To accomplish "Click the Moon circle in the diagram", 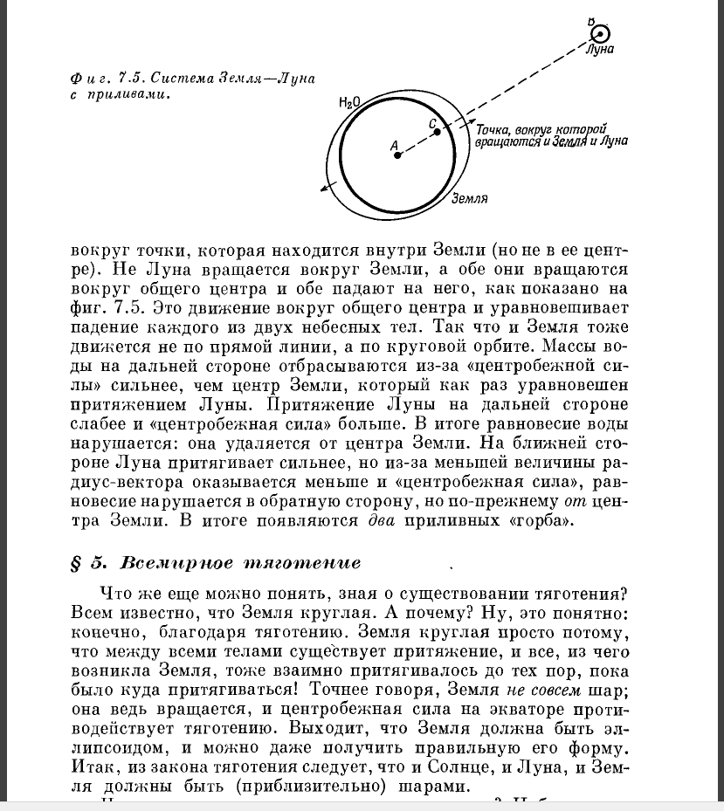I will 600,35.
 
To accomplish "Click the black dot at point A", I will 396,155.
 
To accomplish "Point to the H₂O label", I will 349,103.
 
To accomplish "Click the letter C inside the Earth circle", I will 432,123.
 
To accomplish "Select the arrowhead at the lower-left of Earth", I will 326,186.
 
